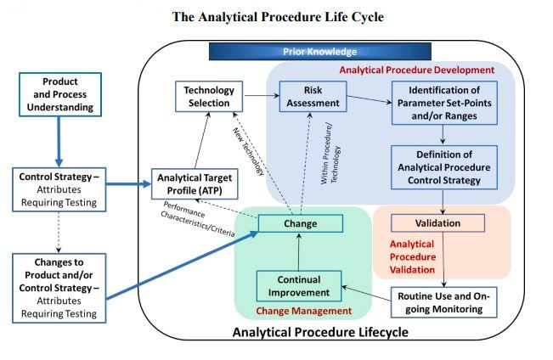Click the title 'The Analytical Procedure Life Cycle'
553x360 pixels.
pyautogui.click(x=276, y=16)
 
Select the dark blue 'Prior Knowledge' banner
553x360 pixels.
pyautogui.click(x=319, y=52)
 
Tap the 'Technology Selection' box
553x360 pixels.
pyautogui.click(x=208, y=96)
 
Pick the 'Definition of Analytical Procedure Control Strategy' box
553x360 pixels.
pyautogui.click(x=439, y=167)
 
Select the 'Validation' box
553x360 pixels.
pyautogui.click(x=437, y=223)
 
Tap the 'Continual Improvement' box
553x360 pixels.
pyautogui.click(x=298, y=286)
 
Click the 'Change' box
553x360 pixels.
pyautogui.click(x=300, y=224)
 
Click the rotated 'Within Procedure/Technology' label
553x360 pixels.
pyautogui.click(x=330, y=152)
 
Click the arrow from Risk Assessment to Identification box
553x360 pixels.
pyautogui.click(x=367, y=99)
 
